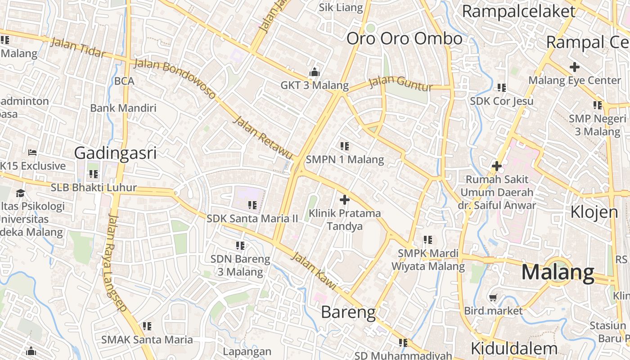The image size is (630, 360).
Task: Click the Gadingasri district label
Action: (115, 153)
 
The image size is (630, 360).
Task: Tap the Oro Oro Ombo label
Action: (404, 39)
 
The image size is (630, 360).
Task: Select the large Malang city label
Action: (558, 273)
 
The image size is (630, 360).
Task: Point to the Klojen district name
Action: (594, 211)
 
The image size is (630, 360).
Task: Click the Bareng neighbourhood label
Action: (348, 312)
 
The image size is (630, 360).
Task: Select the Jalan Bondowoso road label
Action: (175, 79)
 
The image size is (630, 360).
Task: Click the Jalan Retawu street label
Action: (264, 138)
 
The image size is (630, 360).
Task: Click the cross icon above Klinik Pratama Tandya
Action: (345, 199)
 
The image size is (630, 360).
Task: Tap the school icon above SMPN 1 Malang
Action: (345, 146)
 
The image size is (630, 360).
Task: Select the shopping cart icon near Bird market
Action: (493, 297)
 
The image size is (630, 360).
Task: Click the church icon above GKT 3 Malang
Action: (314, 72)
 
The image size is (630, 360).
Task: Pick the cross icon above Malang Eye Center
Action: (574, 67)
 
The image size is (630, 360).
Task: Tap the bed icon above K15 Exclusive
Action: (32, 152)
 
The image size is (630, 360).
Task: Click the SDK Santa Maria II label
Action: (252, 219)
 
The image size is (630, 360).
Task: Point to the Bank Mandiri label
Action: (123, 108)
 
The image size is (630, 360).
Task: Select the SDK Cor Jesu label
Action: (502, 101)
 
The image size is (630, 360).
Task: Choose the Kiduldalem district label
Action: (514, 348)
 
